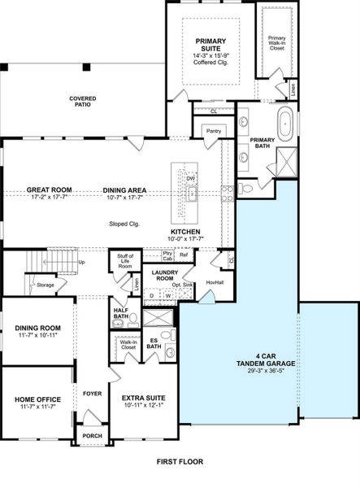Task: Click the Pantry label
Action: [x=214, y=130]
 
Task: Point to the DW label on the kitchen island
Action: [x=190, y=178]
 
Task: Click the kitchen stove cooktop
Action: [x=228, y=193]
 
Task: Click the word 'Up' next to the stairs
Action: [x=81, y=262]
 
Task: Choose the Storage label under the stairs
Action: [x=46, y=285]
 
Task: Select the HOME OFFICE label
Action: [x=38, y=399]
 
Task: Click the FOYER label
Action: [x=92, y=394]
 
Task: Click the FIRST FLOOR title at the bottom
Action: [x=180, y=461]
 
